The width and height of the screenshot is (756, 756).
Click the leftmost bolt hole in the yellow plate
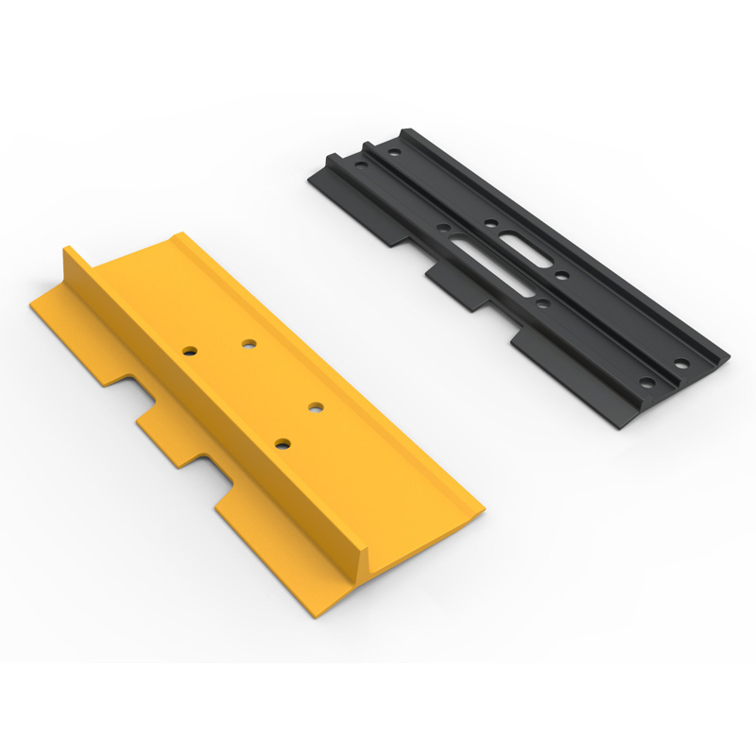[191, 351]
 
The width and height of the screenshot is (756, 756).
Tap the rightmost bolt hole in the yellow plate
[315, 407]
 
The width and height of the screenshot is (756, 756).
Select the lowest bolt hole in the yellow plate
[281, 442]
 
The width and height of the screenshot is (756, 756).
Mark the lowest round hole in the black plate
[646, 383]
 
